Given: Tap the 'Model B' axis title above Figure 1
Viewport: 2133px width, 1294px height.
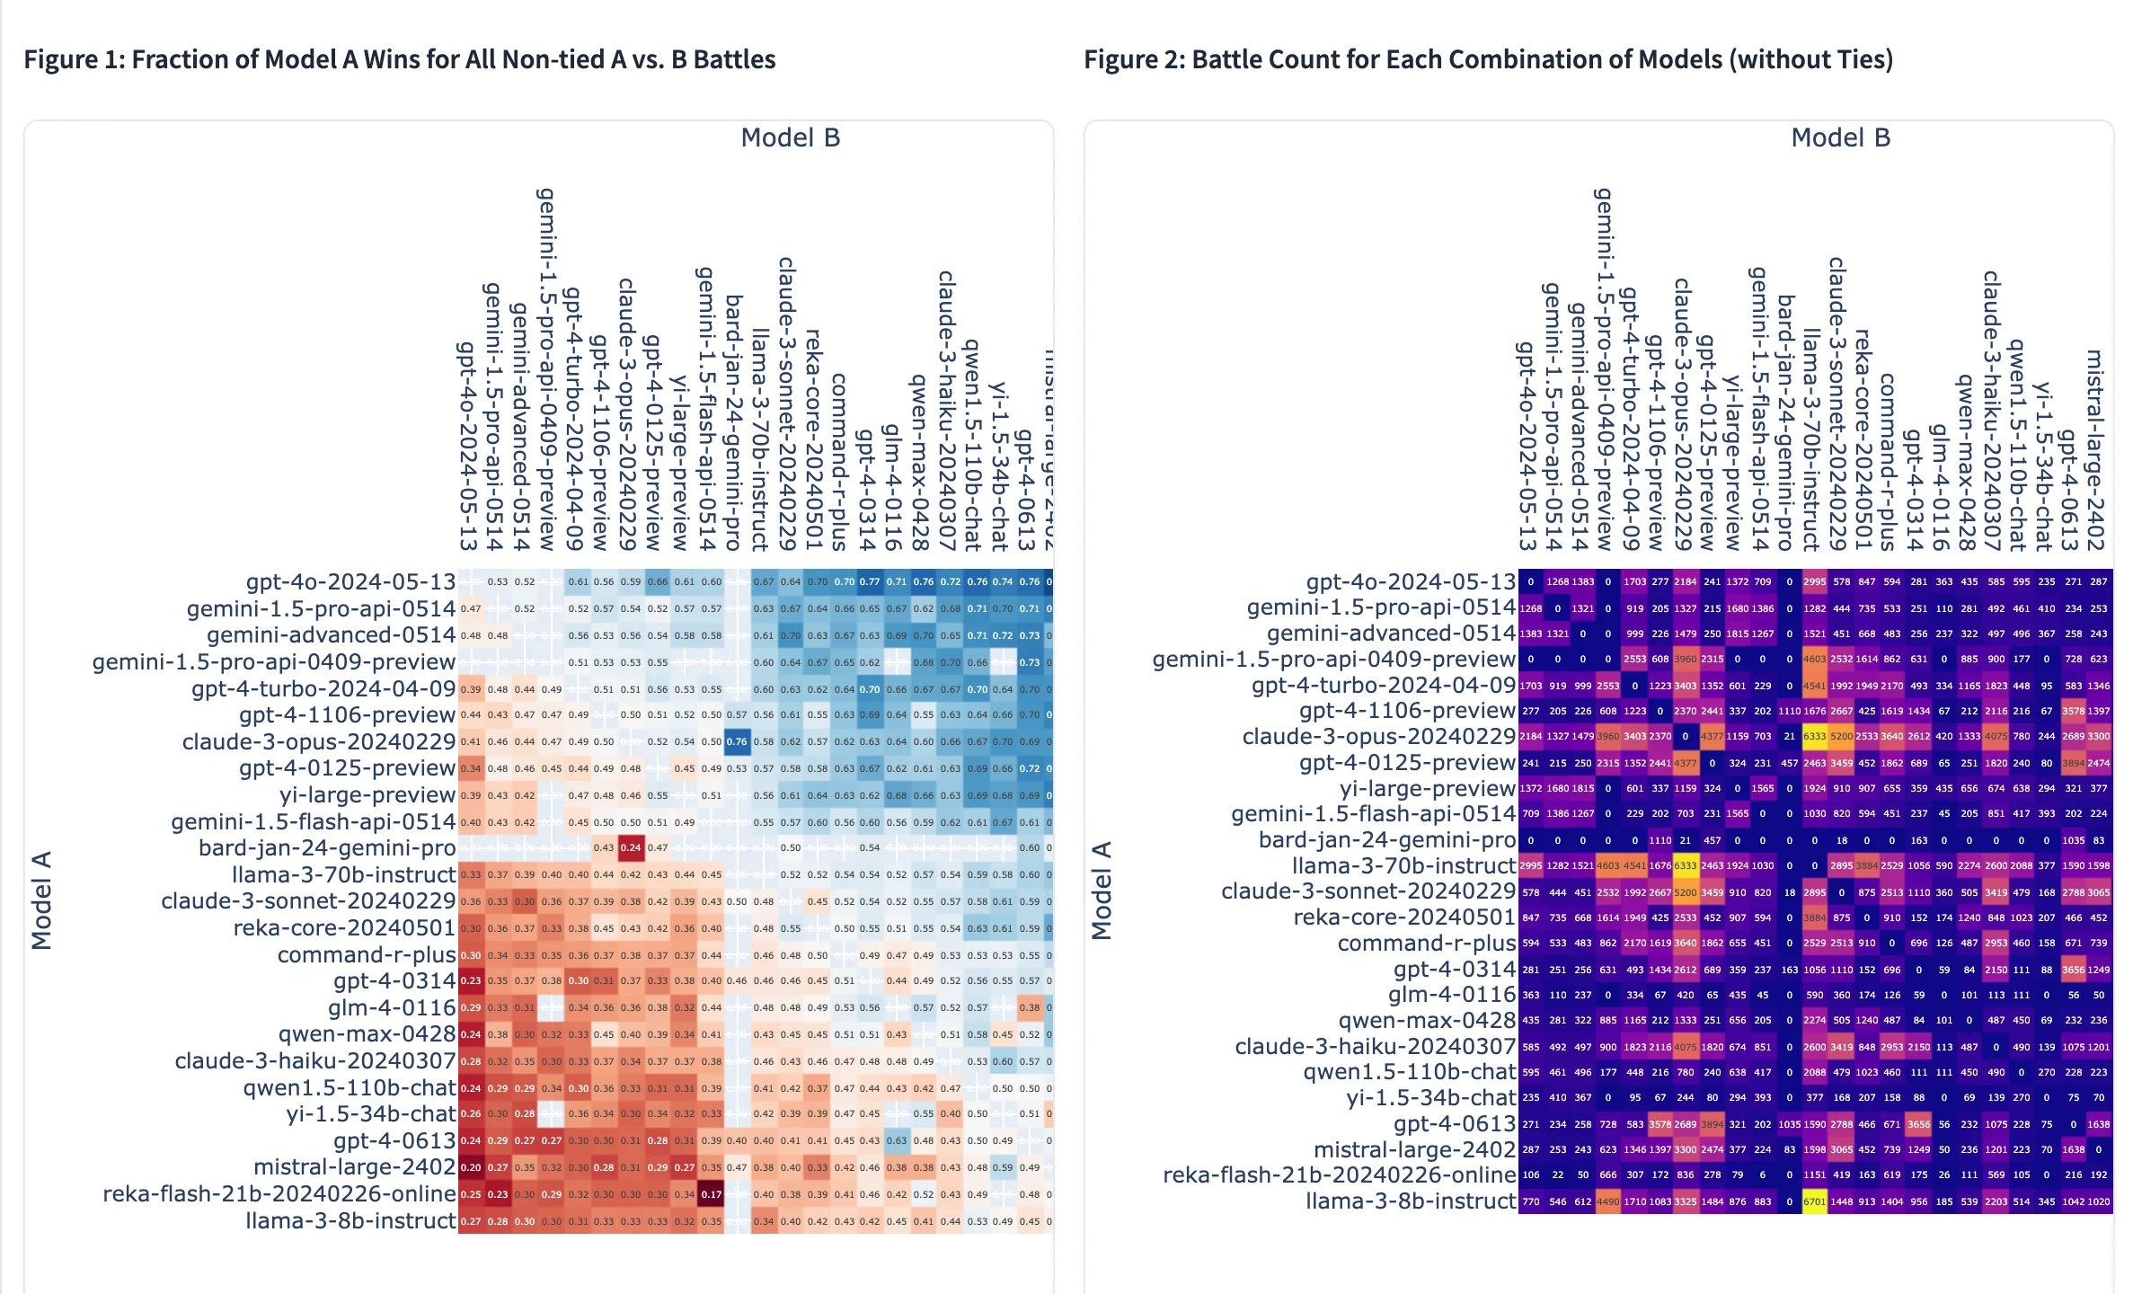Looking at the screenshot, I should point(790,137).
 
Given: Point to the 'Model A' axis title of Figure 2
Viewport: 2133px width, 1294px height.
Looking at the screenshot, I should point(1102,891).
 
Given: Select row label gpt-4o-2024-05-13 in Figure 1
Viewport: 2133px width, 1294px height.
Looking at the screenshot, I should point(350,581).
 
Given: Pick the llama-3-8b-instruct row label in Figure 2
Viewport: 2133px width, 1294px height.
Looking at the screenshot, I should point(1411,1201).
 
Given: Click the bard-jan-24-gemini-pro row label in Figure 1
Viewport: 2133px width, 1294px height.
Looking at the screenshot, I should point(327,847).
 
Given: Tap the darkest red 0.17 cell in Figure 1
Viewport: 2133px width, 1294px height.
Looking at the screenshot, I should point(712,1194).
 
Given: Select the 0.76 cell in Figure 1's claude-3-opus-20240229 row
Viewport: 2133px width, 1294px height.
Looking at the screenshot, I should point(737,741).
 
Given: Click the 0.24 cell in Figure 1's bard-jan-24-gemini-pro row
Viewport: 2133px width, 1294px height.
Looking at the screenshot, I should point(631,847).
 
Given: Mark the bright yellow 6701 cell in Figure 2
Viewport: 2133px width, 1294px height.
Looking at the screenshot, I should point(1815,1201).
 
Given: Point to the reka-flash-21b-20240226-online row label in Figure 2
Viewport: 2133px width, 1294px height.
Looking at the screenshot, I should point(1339,1175).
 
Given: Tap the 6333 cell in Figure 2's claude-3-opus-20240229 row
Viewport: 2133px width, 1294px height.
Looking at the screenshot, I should point(1815,736).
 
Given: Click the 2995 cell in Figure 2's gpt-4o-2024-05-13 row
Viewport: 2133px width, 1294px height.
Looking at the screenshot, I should point(1815,581).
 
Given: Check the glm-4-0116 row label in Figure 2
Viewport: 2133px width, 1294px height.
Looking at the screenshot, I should point(1452,995).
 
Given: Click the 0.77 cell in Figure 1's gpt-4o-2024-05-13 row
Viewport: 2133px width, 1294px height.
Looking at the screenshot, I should point(870,581).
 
